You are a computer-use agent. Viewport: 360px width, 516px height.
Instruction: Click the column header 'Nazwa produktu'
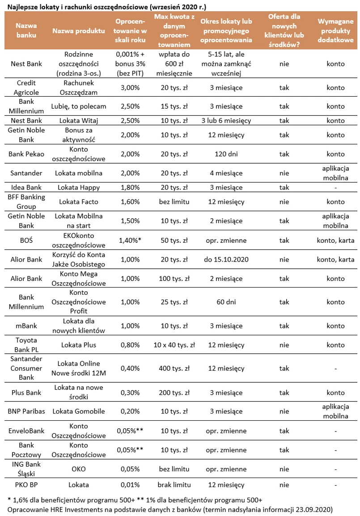(x=79, y=31)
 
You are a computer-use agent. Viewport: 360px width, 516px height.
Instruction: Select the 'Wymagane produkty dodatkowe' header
(x=335, y=31)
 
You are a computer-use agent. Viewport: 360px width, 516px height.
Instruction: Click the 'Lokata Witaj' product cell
(x=79, y=121)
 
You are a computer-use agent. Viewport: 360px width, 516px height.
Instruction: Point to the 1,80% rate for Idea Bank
(x=130, y=187)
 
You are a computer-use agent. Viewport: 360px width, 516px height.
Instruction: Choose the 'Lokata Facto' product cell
(x=79, y=202)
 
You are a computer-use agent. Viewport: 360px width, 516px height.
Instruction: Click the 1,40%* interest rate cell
(x=130, y=241)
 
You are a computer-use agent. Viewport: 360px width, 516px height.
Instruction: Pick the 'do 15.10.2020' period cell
(x=226, y=259)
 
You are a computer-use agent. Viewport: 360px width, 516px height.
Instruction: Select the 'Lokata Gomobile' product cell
(x=79, y=411)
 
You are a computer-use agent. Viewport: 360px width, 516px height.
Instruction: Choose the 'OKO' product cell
(x=79, y=469)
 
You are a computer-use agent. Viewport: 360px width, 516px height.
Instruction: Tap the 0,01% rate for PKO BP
(x=130, y=485)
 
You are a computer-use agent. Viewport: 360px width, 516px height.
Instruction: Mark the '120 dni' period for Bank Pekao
(x=226, y=154)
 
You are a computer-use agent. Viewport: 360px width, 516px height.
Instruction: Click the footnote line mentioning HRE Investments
(x=170, y=509)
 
